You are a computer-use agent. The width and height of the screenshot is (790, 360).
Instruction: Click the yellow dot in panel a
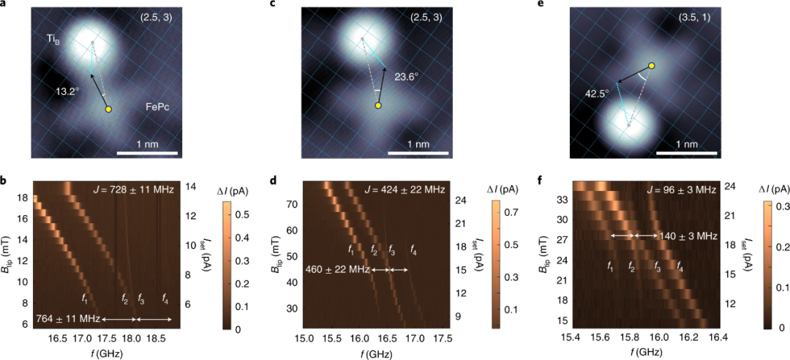[x=108, y=109]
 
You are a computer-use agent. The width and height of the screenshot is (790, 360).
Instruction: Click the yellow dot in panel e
[x=651, y=66]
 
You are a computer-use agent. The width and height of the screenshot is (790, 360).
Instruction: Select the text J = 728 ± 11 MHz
[x=132, y=190]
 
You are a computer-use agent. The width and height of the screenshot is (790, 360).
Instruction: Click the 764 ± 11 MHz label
[x=68, y=319]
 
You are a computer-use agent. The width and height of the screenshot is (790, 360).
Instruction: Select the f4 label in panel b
[x=165, y=299]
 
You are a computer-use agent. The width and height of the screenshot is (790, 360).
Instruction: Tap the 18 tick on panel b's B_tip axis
[x=22, y=198]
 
